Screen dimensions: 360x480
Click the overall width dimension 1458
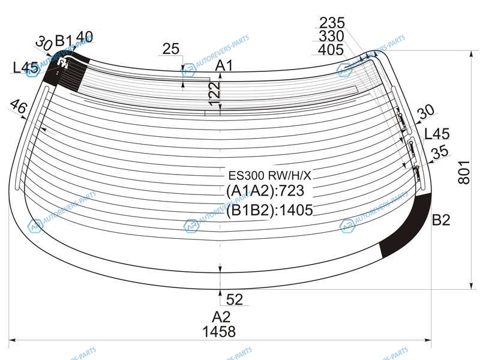click(219, 332)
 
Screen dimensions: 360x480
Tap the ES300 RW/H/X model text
click(270, 176)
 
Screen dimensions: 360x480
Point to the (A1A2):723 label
click(266, 192)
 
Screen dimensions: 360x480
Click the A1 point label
click(224, 65)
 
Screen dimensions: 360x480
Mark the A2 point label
click(221, 317)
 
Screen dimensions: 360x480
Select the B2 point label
click(441, 220)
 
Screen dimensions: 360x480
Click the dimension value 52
click(235, 298)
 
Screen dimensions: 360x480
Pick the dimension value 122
click(215, 94)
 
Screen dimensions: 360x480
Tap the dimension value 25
click(172, 49)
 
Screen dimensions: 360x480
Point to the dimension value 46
click(19, 108)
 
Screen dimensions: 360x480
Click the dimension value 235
click(332, 23)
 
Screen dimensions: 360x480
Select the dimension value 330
click(332, 37)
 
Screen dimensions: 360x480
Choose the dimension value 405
click(332, 50)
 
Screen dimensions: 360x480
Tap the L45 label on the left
click(26, 68)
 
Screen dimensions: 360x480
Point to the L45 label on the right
click(437, 133)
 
